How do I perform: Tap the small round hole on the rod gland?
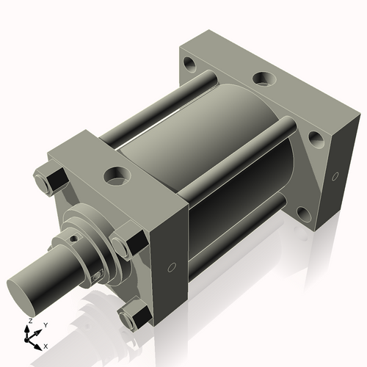click(73, 238)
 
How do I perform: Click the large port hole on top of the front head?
click(116, 175)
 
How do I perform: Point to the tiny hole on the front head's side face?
click(172, 267)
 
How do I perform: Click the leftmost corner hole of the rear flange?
click(192, 66)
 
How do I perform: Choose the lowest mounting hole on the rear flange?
click(305, 216)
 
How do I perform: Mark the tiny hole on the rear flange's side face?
click(335, 176)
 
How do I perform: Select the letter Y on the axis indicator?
click(45, 324)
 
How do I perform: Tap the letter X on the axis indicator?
click(46, 345)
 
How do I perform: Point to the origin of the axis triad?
click(32, 337)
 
